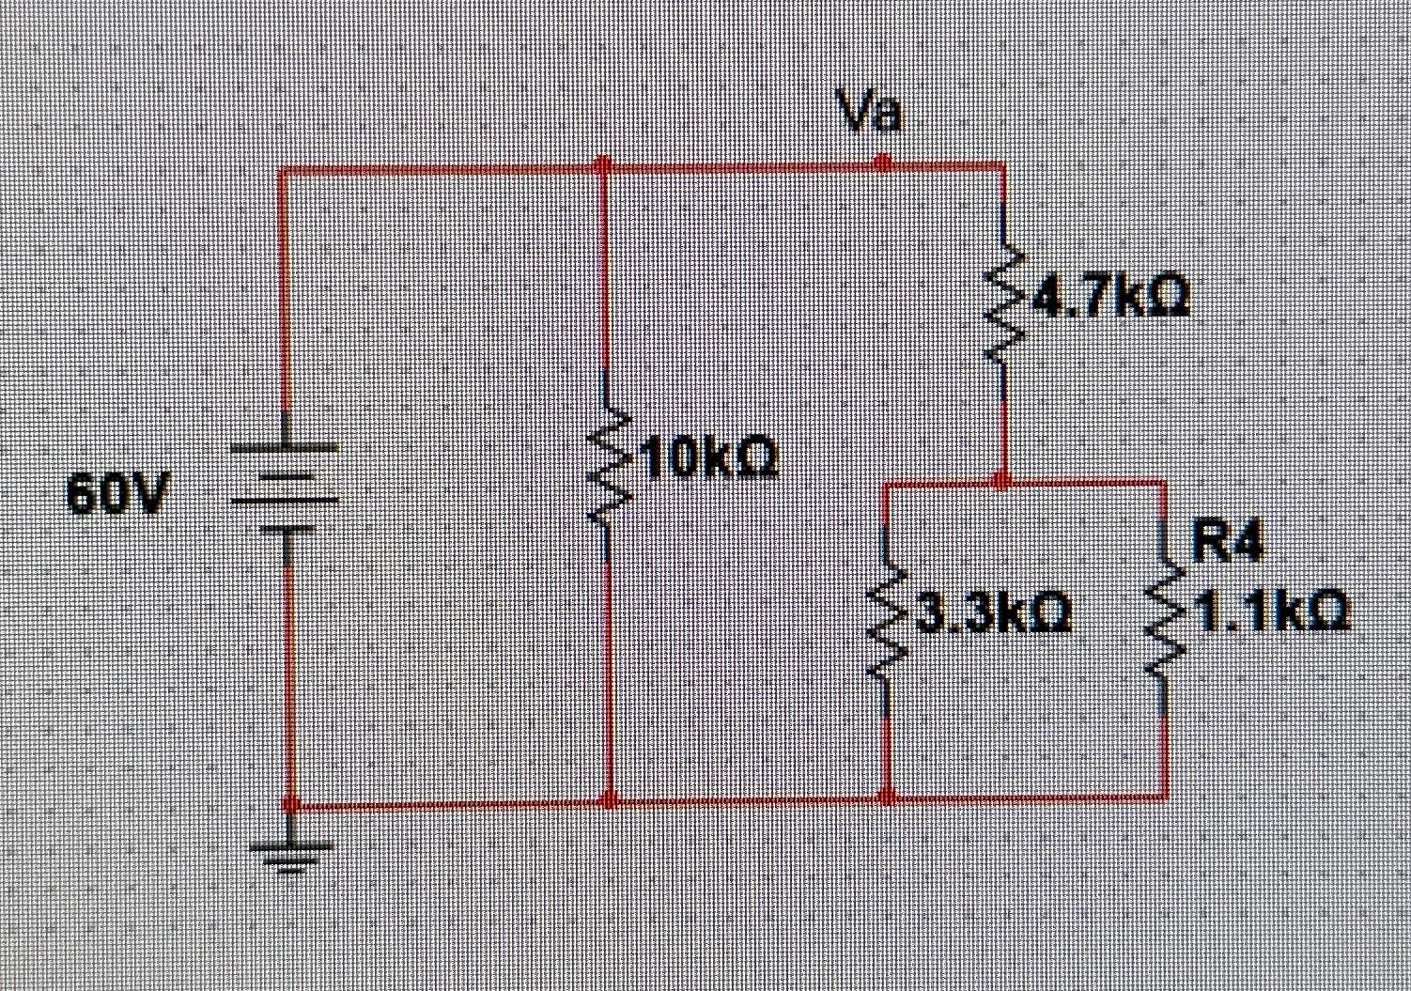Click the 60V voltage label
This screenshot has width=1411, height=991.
pyautogui.click(x=116, y=495)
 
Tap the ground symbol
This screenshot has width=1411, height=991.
pyautogui.click(x=291, y=854)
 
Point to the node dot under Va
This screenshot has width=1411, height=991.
pyautogui.click(x=881, y=163)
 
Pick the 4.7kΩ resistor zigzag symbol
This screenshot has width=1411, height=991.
pyautogui.click(x=1003, y=302)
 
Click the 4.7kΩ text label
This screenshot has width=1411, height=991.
pyautogui.click(x=1111, y=300)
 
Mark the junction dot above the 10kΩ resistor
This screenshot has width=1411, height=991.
pyautogui.click(x=603, y=166)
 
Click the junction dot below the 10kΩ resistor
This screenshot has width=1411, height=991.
pyautogui.click(x=611, y=800)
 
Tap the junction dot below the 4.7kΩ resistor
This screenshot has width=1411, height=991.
pyautogui.click(x=1002, y=483)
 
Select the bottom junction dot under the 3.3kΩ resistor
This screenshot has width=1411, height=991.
pyautogui.click(x=887, y=798)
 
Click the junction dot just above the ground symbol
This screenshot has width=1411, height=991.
pyautogui.click(x=290, y=805)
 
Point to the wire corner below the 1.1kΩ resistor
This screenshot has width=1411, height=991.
pyautogui.click(x=1166, y=797)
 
